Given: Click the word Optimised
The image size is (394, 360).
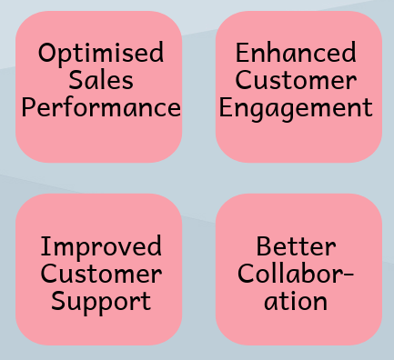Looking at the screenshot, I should point(100,53).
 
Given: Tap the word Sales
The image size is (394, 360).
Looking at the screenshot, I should point(100,80).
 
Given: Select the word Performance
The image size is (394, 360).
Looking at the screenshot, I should point(100,108).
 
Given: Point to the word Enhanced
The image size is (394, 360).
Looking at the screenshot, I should point(296,53).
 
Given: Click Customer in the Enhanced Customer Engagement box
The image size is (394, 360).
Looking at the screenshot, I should point(296,80).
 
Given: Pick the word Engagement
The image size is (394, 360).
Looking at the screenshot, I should point(296,109).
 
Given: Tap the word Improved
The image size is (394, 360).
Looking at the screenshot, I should point(101,246).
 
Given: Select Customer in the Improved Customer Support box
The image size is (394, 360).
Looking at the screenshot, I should point(101,273).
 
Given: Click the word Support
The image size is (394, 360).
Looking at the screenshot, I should point(101,301).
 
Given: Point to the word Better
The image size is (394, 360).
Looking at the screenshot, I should point(296,246).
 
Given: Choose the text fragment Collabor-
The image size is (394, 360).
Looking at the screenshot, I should point(296,273).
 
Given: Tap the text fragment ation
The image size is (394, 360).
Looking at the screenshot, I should point(296,301).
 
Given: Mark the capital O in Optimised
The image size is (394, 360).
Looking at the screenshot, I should point(47,53).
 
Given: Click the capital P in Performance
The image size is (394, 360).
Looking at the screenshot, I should point(29,107).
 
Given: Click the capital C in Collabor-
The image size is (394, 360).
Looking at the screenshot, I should point(247,273).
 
